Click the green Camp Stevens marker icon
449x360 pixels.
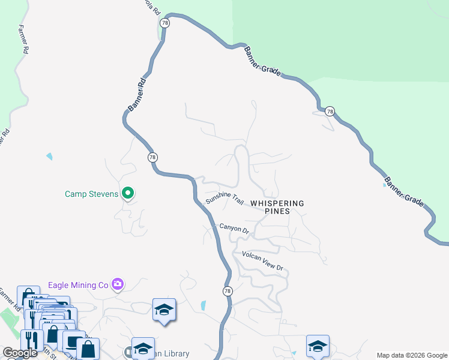click(x=128, y=193)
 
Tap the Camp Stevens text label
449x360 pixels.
click(x=92, y=194)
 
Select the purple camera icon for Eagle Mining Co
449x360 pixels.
click(x=118, y=284)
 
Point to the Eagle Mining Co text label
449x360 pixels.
click(x=79, y=284)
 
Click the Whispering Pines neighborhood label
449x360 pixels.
click(x=277, y=207)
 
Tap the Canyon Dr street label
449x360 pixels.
click(x=234, y=228)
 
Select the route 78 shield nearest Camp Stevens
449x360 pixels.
click(x=152, y=157)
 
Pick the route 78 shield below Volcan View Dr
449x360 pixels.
click(x=227, y=291)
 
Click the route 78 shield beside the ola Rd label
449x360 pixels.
click(x=165, y=23)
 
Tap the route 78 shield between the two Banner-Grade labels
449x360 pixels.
click(x=330, y=111)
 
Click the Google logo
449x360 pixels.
click(x=20, y=353)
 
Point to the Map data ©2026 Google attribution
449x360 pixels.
click(x=412, y=355)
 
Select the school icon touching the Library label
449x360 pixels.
click(x=143, y=347)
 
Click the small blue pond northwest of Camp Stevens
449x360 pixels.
click(x=49, y=157)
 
